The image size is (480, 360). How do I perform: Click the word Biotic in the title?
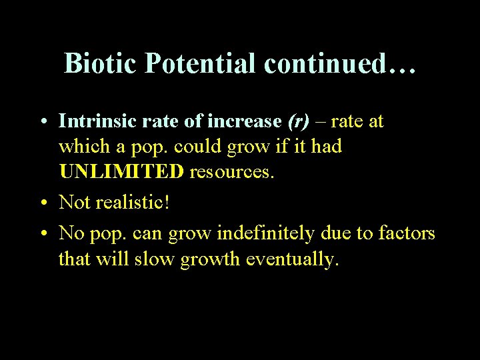tap(100, 63)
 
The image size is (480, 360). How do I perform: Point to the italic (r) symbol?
tap(298, 121)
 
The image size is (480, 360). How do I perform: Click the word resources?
tap(232, 172)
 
